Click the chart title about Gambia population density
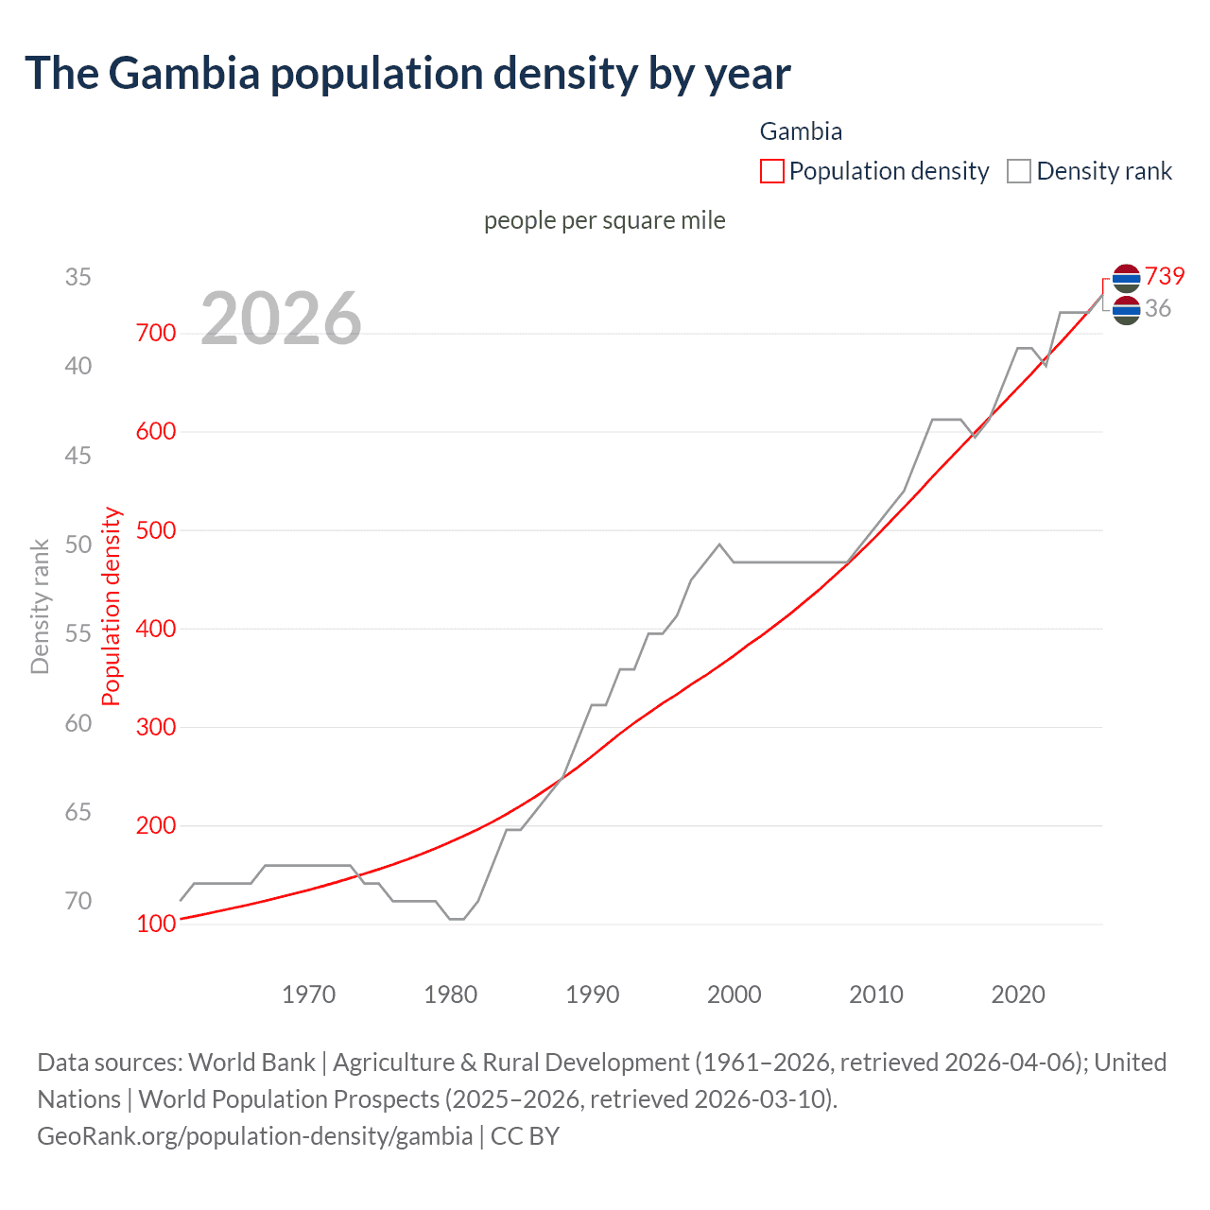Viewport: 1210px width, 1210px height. [x=407, y=74]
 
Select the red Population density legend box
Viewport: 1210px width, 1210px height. [x=771, y=171]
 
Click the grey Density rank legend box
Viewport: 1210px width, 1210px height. [x=1018, y=171]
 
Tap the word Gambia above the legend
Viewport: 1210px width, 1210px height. [x=801, y=131]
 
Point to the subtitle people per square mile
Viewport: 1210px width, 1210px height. [x=604, y=220]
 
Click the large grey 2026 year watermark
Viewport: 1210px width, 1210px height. [x=281, y=319]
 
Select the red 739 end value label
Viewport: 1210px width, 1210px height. [x=1165, y=276]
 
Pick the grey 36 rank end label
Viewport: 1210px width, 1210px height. [x=1158, y=308]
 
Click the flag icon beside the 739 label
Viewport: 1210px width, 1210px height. [x=1126, y=277]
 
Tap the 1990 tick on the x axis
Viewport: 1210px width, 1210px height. [x=593, y=994]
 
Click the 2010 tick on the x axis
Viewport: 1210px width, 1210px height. [x=876, y=994]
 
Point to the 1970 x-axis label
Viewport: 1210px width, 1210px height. [x=309, y=994]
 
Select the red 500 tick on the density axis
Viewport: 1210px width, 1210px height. [x=156, y=530]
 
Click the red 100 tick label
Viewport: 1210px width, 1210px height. [x=156, y=924]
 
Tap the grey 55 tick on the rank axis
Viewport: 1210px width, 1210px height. [x=78, y=633]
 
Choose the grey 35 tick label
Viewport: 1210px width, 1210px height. [x=78, y=277]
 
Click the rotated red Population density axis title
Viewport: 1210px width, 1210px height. [x=112, y=606]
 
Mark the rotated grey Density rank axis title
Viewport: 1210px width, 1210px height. [x=40, y=606]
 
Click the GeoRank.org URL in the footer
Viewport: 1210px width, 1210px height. [x=254, y=1135]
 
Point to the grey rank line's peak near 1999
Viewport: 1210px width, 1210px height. [x=719, y=544]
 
